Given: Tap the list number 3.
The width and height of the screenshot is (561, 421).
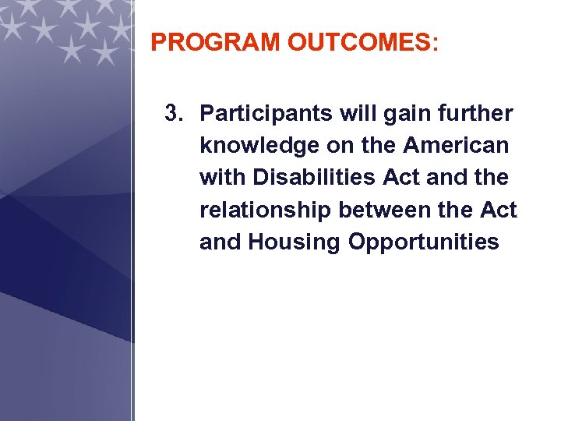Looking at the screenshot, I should coord(174,114).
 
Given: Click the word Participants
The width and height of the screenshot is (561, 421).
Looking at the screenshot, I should coord(266,114).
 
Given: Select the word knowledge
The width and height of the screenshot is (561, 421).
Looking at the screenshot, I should coord(256,146).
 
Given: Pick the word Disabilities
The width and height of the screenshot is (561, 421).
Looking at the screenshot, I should coord(314,178).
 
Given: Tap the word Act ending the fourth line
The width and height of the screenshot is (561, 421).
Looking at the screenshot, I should coord(499,210).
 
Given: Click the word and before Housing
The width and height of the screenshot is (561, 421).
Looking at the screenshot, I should coord(221,242).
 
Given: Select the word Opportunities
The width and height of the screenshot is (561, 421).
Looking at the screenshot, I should coord(423,242).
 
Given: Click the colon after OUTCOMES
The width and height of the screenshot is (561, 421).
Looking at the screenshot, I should coord(434,44).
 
